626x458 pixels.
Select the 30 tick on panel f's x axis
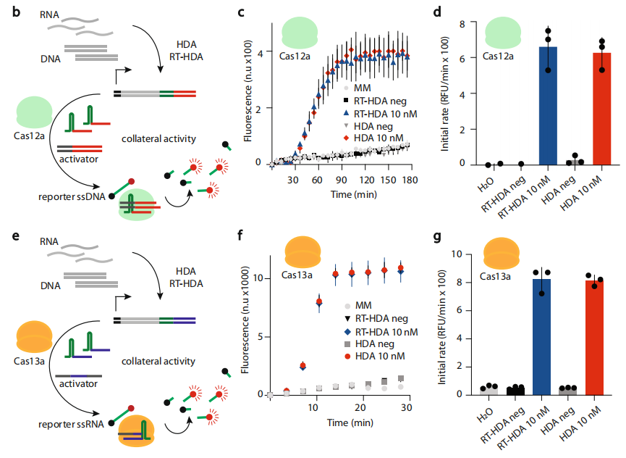point(407,409)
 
